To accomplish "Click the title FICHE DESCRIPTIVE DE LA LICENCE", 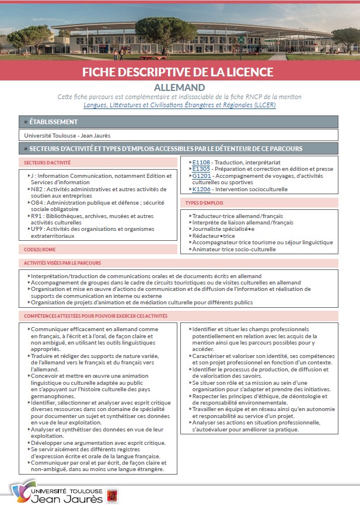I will tap(180, 72).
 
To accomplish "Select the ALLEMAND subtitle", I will tap(180, 87).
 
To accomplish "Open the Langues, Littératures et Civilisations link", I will tap(180, 105).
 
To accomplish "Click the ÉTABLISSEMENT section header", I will tap(54, 122).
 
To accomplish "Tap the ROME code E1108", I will tap(201, 162).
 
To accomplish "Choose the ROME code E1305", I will tap(201, 169).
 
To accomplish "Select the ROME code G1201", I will tap(201, 175).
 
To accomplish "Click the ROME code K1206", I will tap(201, 189).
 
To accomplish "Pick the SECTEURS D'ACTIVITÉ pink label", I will tap(48, 163).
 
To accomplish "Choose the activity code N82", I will tap(37, 189).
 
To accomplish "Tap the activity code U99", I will tap(37, 229).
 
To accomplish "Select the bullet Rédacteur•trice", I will tap(214, 236).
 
